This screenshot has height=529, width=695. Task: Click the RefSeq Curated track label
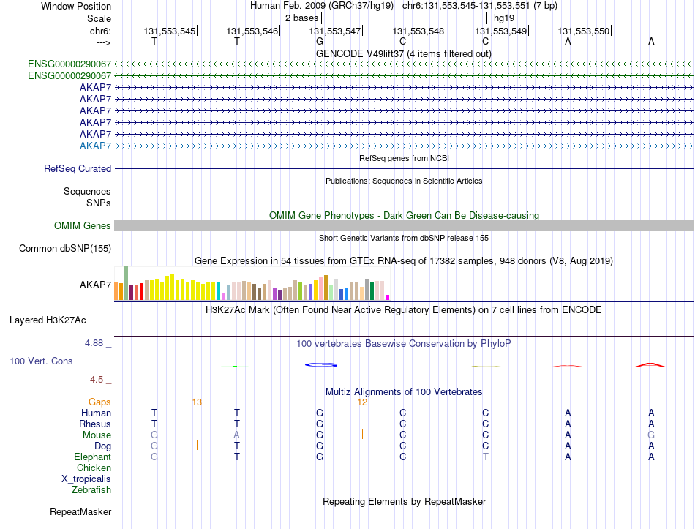pyautogui.click(x=78, y=168)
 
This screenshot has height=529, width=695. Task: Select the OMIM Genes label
pyautogui.click(x=83, y=225)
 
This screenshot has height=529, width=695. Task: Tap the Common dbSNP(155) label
pyautogui.click(x=65, y=248)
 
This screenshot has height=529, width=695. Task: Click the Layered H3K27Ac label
pyautogui.click(x=48, y=320)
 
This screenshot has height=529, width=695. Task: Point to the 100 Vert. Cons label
pyautogui.click(x=41, y=361)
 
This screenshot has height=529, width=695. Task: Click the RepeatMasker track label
pyautogui.click(x=80, y=511)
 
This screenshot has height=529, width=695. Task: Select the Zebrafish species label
pyautogui.click(x=91, y=490)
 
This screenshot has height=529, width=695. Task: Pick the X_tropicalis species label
pyautogui.click(x=86, y=479)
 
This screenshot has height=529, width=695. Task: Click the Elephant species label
pyautogui.click(x=93, y=457)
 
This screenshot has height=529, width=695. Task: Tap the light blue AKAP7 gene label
pyautogui.click(x=95, y=146)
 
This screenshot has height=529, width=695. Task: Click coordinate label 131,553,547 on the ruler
pyautogui.click(x=334, y=31)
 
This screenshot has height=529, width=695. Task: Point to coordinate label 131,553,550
pyautogui.click(x=583, y=31)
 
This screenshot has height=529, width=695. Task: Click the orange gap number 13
pyautogui.click(x=197, y=402)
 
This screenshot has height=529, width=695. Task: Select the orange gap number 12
pyautogui.click(x=362, y=402)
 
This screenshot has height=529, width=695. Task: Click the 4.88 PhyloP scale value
pyautogui.click(x=94, y=342)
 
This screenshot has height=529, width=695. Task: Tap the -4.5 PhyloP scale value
pyautogui.click(x=95, y=380)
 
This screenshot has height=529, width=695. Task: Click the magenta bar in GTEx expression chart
pyautogui.click(x=388, y=298)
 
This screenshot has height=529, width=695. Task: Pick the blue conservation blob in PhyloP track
pyautogui.click(x=321, y=364)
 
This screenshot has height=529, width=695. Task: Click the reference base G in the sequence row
pyautogui.click(x=320, y=41)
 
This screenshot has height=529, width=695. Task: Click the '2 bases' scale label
pyautogui.click(x=301, y=18)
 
